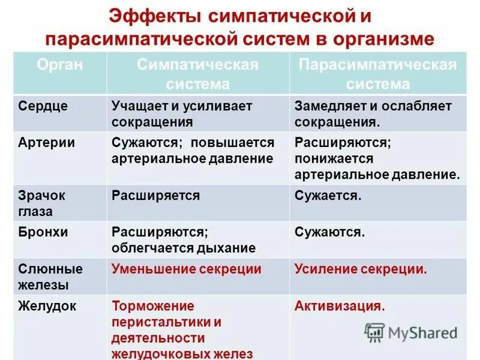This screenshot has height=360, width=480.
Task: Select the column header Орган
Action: point(59,65)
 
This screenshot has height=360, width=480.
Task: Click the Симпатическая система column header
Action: point(197,74)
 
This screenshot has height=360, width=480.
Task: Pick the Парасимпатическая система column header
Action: point(377,74)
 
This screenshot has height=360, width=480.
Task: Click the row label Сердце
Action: point(43,106)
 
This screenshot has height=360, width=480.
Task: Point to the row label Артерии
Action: point(46,143)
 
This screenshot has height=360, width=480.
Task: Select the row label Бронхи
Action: point(42,232)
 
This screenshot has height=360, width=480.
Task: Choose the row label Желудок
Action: point(47,306)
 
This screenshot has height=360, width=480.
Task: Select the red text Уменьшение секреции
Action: point(187,269)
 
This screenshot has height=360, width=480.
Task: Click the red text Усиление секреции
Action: point(361,269)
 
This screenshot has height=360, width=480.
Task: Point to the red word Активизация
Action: point(339,306)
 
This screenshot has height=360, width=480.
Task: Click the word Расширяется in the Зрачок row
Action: point(155,196)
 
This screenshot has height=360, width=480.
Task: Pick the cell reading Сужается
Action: point(328,196)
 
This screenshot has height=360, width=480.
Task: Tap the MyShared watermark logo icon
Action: point(375,332)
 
